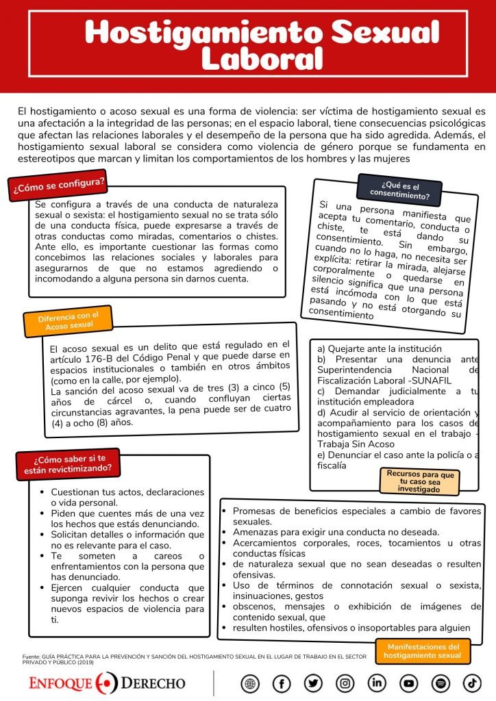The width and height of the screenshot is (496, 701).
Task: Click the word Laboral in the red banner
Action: [261, 60]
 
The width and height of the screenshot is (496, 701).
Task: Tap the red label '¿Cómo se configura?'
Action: [58, 185]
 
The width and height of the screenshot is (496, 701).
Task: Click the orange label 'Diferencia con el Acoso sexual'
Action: [68, 321]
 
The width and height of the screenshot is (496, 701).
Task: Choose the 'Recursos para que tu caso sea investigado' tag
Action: [419, 481]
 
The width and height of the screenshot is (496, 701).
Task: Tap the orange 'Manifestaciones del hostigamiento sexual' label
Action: [423, 651]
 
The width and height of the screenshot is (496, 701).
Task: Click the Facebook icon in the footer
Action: [282, 683]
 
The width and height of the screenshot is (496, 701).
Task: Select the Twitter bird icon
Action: [313, 683]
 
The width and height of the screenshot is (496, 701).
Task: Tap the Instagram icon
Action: [345, 683]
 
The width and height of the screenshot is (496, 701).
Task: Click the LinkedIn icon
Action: [377, 683]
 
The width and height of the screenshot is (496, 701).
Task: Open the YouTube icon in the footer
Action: [409, 683]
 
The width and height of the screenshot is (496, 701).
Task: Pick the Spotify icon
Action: [441, 683]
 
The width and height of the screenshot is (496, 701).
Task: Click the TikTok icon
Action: [472, 683]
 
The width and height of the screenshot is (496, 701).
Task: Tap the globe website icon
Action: [250, 683]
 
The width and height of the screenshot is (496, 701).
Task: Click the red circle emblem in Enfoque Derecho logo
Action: [107, 683]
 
